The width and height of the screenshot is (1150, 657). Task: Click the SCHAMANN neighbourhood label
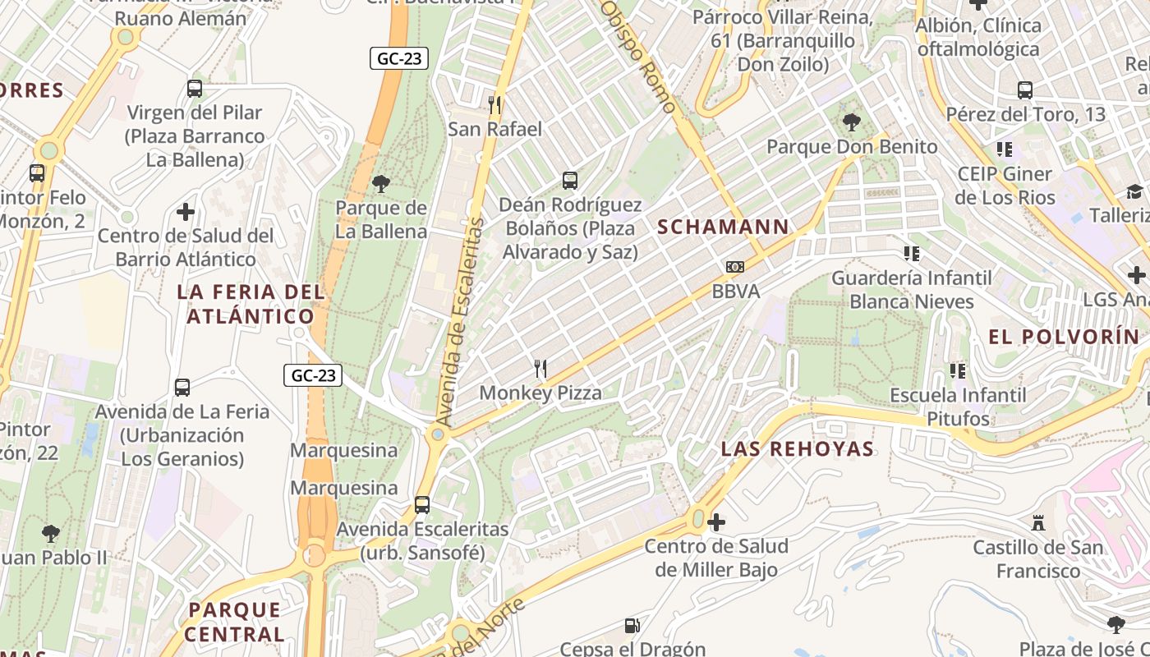(723, 227)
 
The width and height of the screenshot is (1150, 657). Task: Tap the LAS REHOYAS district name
(797, 448)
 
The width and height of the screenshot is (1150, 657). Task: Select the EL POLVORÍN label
(1064, 337)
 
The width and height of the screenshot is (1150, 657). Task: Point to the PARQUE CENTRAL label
(234, 622)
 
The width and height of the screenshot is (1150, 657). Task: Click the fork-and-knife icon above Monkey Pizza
(540, 369)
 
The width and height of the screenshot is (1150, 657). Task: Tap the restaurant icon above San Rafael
(494, 104)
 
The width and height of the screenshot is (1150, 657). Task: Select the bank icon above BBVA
(735, 267)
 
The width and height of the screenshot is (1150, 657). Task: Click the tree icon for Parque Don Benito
(852, 123)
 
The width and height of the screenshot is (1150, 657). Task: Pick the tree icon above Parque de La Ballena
(381, 183)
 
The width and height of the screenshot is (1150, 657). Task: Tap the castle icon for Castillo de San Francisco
(1037, 522)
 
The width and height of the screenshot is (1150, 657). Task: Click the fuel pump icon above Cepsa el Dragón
(632, 626)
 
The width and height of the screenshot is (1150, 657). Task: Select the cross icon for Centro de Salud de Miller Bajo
(716, 521)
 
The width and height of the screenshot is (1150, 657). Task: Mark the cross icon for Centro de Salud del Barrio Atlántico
(186, 212)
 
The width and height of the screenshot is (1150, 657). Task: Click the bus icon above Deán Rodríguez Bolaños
(570, 180)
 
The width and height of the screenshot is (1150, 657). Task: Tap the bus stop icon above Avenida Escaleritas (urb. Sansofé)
(422, 505)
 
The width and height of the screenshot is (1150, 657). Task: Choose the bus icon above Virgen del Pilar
(195, 89)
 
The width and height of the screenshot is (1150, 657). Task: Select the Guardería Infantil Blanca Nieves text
(911, 290)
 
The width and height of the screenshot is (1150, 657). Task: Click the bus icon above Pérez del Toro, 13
(1025, 90)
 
